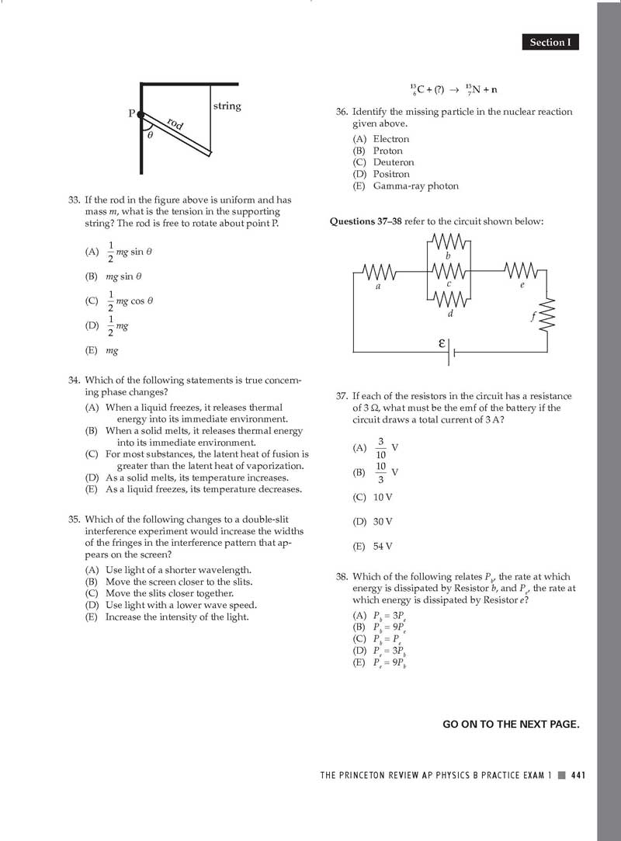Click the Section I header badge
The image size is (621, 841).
(550, 43)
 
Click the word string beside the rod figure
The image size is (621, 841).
(227, 106)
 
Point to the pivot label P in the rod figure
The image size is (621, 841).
(131, 113)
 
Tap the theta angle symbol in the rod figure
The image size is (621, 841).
(150, 134)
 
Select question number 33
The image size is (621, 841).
(75, 200)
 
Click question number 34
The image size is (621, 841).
(75, 381)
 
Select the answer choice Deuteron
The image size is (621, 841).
(394, 162)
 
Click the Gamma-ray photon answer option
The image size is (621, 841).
(415, 186)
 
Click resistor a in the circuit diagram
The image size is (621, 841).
(379, 273)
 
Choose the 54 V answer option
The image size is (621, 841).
(383, 547)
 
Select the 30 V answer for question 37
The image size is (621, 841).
(383, 522)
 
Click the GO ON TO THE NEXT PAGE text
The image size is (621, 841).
(511, 725)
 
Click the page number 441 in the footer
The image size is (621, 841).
(577, 774)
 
